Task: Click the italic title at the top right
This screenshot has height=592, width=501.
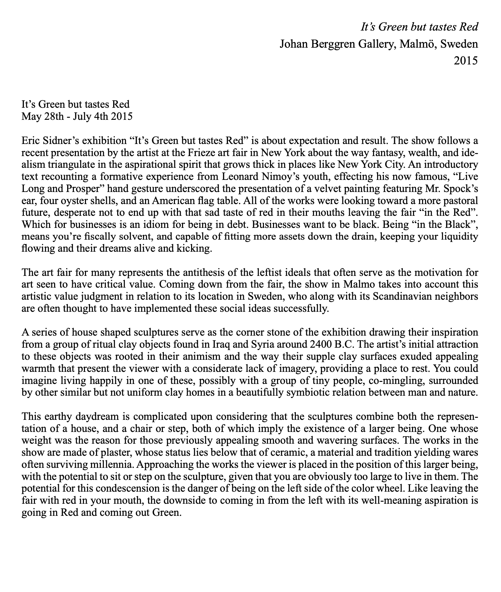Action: pyautogui.click(x=419, y=27)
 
